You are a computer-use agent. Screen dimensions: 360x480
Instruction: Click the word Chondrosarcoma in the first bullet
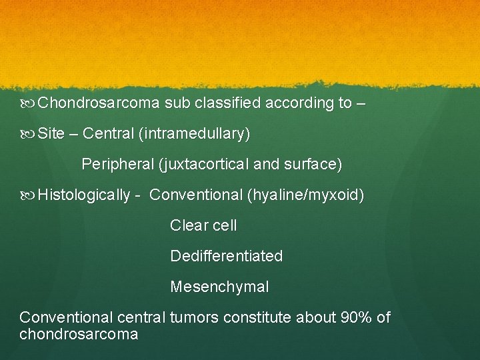click(x=99, y=103)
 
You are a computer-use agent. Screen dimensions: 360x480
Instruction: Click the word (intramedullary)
click(x=195, y=134)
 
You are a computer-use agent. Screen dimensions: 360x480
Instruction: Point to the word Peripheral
click(x=114, y=164)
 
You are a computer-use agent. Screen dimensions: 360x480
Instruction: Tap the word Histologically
click(x=84, y=195)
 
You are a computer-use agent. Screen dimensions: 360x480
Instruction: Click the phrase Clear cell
click(x=203, y=226)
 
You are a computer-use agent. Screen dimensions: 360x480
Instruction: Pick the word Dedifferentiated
click(x=227, y=256)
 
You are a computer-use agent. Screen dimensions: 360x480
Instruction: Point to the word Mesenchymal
click(x=219, y=287)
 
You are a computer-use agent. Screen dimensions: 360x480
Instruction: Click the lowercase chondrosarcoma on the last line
click(x=79, y=334)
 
